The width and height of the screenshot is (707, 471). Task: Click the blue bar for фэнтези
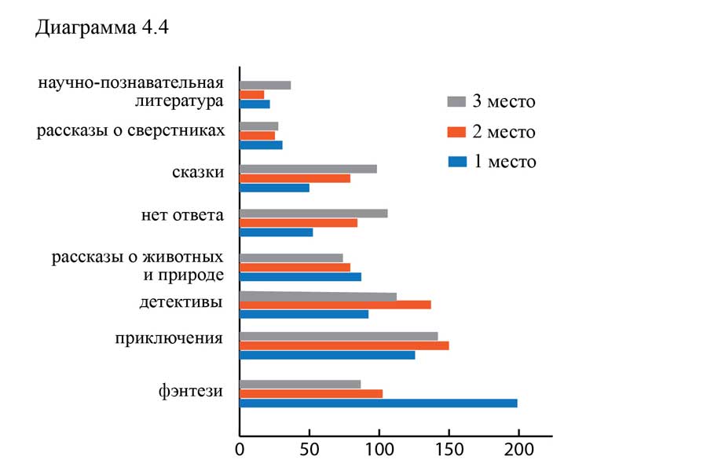point(378,403)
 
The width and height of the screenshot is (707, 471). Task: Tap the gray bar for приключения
point(338,336)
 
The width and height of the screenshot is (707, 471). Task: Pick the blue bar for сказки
point(274,188)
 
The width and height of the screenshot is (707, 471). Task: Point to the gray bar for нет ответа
point(313,214)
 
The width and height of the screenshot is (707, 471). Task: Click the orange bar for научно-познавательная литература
point(251,94)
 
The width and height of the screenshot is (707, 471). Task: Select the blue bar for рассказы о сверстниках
point(261,145)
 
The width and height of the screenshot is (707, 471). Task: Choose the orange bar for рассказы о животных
point(295,267)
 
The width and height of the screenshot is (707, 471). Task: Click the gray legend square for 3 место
point(456,101)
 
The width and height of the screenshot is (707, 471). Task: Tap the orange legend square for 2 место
point(456,132)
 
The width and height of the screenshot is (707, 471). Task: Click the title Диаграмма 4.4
point(103,29)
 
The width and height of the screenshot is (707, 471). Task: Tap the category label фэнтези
point(189,390)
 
